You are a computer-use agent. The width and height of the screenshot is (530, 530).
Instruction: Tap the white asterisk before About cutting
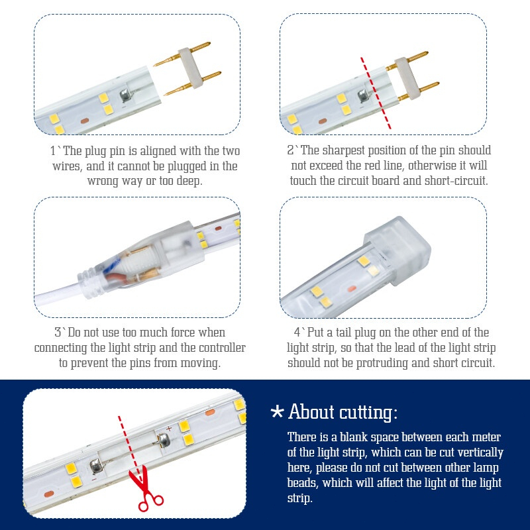[x=277, y=412]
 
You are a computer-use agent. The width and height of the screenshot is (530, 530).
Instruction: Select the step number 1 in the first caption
[x=53, y=151]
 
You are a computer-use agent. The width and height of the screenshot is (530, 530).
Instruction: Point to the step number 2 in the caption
[x=290, y=150]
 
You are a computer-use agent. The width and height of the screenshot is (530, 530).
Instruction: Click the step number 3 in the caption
[x=58, y=333]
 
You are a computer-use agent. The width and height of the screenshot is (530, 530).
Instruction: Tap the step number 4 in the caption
[x=297, y=333]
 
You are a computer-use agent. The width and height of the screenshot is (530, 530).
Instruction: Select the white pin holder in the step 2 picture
[x=407, y=78]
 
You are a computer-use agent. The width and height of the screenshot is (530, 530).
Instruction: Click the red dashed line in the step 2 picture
[x=376, y=93]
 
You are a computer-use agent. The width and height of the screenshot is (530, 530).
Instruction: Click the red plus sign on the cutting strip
[x=169, y=429]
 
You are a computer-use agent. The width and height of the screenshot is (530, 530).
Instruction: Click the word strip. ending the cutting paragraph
[x=300, y=499]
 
